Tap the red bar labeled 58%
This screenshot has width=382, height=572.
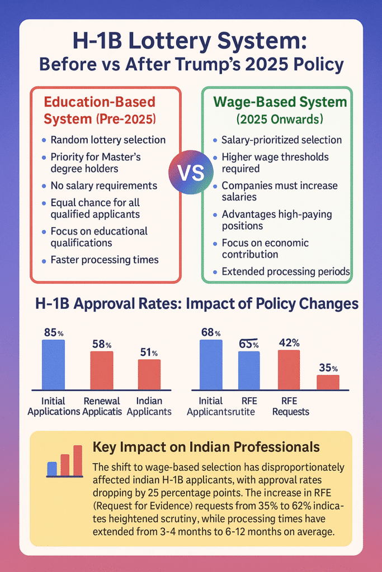102,370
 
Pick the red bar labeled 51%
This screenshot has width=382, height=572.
149,374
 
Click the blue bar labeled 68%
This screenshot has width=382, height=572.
211,364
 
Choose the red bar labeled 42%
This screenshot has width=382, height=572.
289,369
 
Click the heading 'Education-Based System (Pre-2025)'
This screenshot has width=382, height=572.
100,111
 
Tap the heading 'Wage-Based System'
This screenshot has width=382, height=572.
280,102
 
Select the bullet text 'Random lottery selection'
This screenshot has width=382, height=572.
108,140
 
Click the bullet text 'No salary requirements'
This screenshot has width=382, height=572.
103,185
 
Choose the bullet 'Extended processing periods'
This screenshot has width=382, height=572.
286,271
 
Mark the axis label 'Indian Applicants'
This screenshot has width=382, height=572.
149,406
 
